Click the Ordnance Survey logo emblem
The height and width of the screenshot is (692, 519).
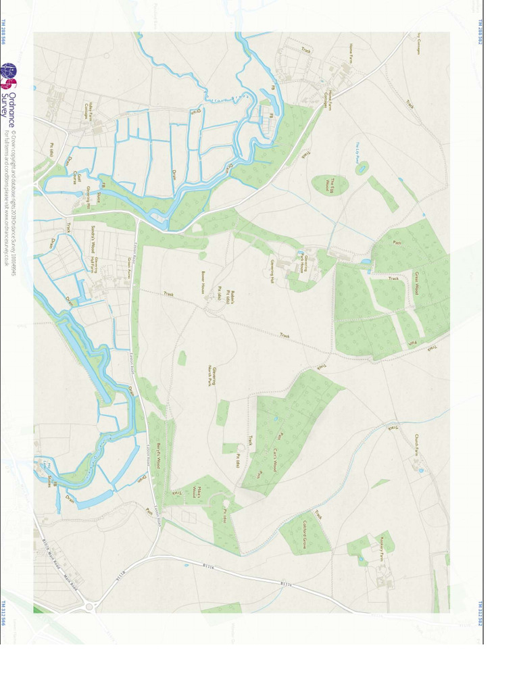(8, 76)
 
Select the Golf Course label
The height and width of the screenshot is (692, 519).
(78, 178)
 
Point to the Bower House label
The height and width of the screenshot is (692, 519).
(202, 282)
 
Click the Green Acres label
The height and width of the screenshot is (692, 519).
(129, 268)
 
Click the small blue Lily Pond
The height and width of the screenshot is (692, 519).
(362, 168)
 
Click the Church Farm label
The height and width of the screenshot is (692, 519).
(417, 445)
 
